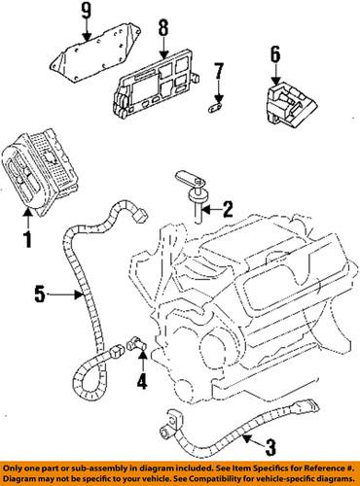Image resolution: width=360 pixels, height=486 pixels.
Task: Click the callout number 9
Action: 87,11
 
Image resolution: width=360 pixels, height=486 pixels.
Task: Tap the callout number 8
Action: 163,27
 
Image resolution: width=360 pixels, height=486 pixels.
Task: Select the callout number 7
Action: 219,71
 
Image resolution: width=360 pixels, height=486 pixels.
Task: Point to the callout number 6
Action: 275,54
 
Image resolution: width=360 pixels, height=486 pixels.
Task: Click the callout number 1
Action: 28,240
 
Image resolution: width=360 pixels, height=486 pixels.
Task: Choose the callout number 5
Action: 40,295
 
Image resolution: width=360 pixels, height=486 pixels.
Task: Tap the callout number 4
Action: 142,380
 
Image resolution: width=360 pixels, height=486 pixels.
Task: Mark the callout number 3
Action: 270,447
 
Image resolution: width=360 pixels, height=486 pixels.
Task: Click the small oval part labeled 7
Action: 214,106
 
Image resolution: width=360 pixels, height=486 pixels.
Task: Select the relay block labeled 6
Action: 289,104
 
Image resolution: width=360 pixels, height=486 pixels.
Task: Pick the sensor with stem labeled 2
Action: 192,195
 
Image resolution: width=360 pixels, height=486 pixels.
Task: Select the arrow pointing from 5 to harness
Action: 64,295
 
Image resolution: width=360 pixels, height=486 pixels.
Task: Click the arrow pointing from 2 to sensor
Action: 211,210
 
